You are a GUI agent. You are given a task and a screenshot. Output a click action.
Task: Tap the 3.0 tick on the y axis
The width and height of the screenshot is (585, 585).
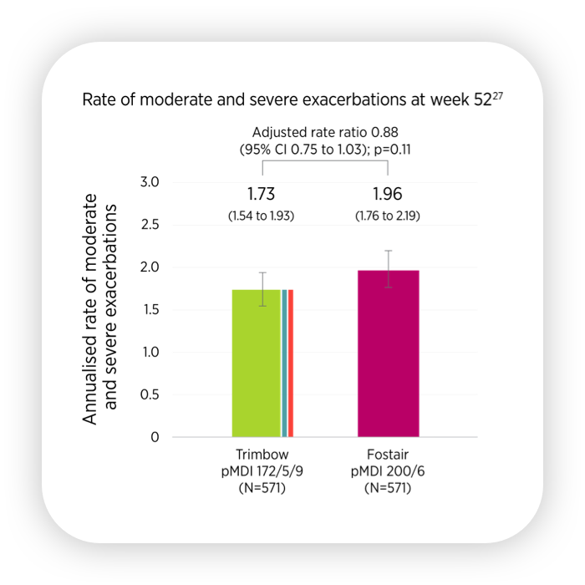tap(160, 182)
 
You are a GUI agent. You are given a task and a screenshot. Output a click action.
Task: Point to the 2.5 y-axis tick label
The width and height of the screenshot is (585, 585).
tap(160, 225)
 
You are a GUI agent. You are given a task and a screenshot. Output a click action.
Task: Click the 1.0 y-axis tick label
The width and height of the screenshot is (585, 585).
tap(160, 352)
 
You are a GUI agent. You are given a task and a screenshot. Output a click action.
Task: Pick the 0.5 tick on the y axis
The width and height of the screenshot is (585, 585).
tap(160, 394)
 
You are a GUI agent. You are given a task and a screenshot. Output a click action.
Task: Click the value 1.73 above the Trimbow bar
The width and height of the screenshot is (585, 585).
tap(262, 194)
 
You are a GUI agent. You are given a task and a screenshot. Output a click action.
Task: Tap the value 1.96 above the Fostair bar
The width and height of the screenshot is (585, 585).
tap(388, 194)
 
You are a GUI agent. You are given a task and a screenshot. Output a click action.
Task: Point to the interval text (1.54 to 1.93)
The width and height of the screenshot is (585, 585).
tap(262, 216)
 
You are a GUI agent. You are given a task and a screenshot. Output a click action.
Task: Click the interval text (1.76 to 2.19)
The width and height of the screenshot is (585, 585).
tap(388, 216)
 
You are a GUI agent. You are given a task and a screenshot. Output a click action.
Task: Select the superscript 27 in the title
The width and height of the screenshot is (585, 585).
tap(499, 95)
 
